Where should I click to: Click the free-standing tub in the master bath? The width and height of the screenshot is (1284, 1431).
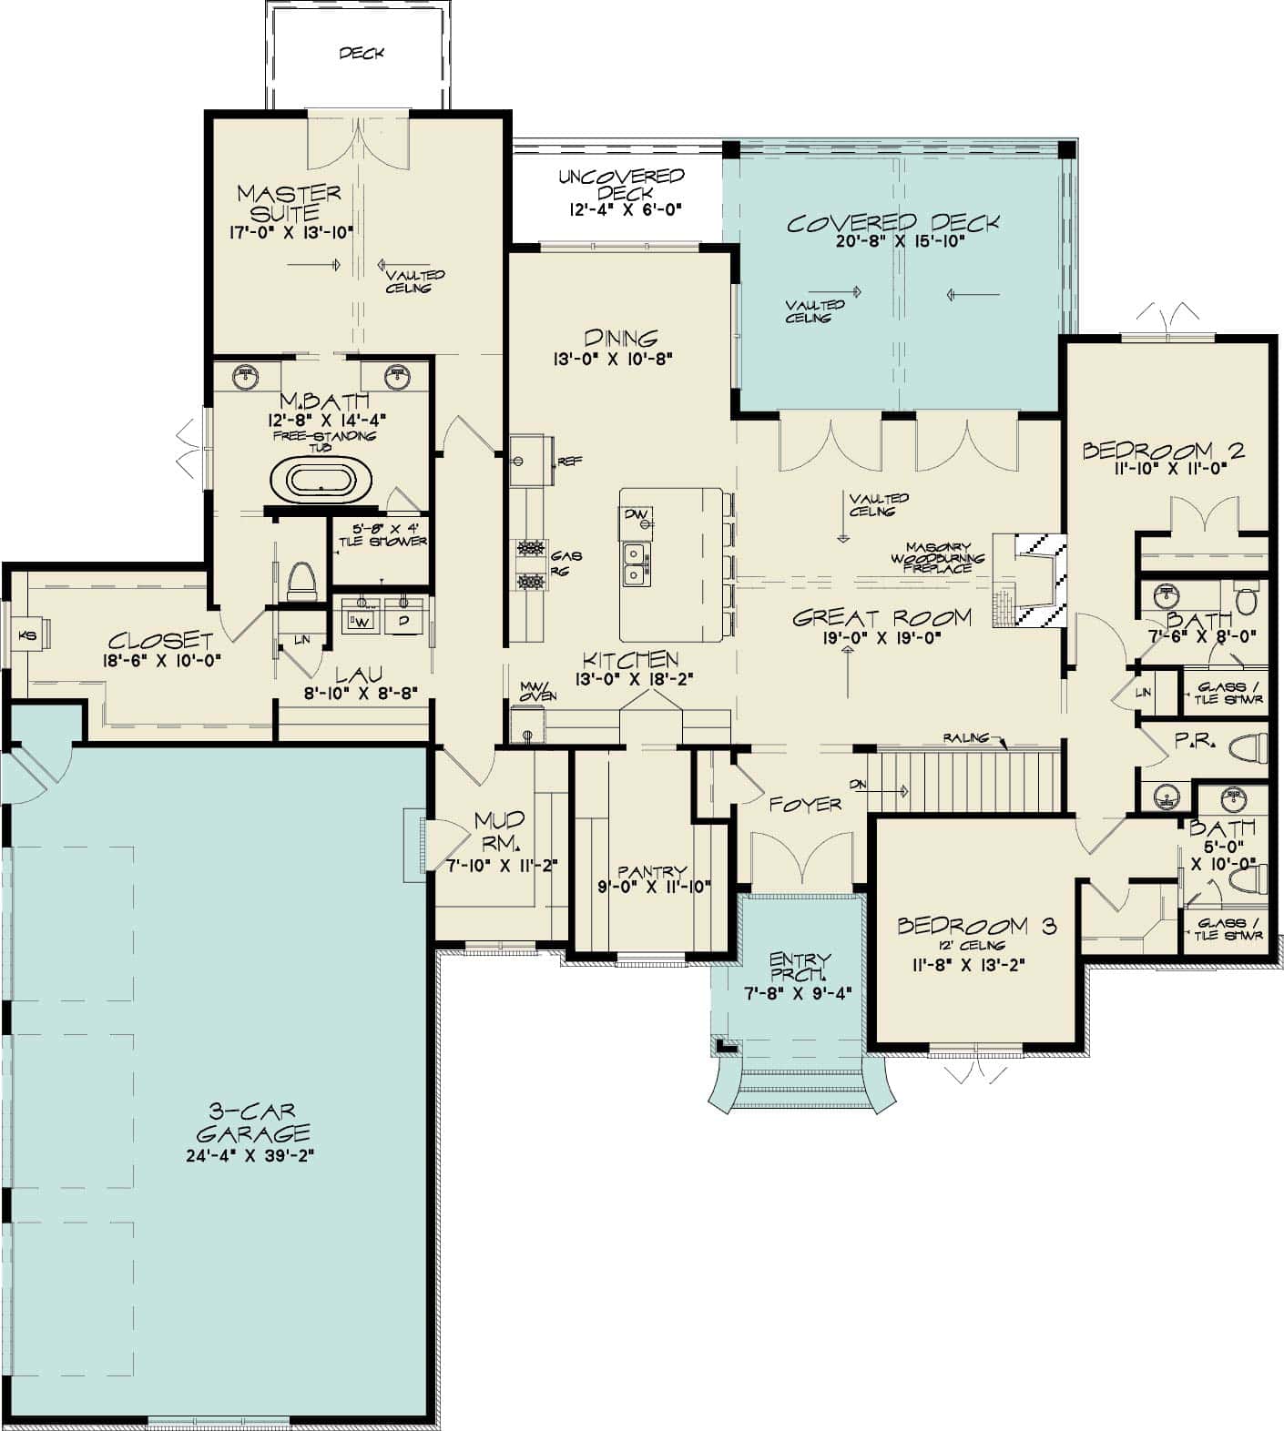point(321,481)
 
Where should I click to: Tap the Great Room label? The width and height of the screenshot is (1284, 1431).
point(881,618)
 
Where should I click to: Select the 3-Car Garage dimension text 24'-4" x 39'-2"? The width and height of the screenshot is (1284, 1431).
point(250,1156)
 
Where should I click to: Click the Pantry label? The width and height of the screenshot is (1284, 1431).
point(651,872)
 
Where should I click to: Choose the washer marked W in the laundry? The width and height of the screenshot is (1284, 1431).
point(361,618)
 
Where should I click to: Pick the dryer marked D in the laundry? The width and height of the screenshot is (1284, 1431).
point(403,618)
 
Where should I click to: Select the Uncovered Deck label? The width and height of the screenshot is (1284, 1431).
point(621,184)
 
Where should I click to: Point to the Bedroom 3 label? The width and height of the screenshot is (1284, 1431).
point(976,927)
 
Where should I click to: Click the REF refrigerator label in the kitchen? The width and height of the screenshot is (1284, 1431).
point(569,462)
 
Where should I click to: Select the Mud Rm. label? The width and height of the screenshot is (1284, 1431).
point(499,829)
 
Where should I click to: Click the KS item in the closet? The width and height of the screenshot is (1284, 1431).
point(28,635)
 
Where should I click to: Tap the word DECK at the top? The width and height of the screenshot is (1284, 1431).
point(362,54)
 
